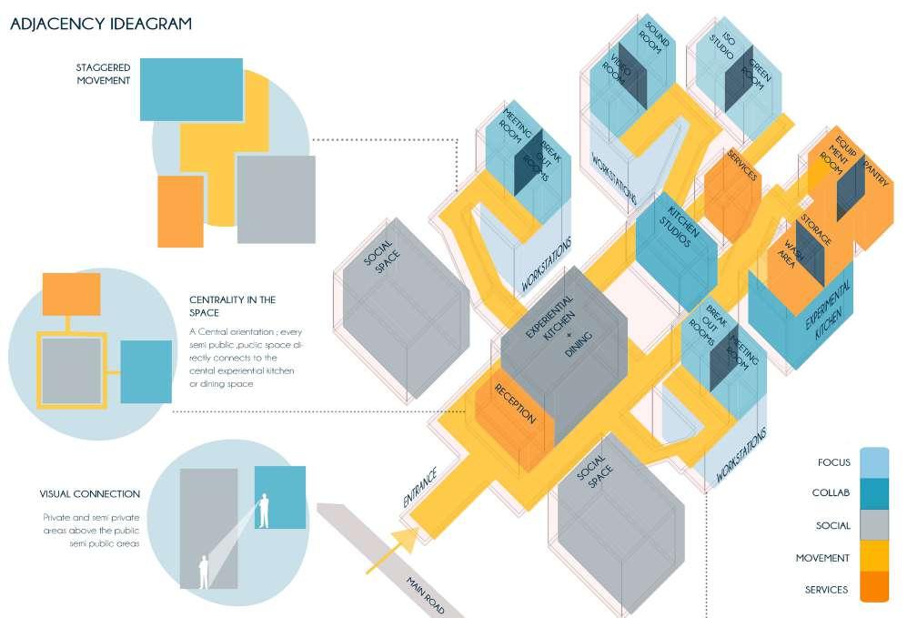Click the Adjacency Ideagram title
click(x=101, y=24)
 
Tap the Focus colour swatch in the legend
click(x=873, y=462)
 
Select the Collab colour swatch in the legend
click(x=873, y=493)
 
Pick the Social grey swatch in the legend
click(x=873, y=525)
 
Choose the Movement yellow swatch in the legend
click(x=873, y=557)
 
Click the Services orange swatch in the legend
click(x=873, y=589)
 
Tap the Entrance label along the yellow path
click(x=420, y=487)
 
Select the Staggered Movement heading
click(x=104, y=74)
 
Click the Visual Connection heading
click(x=90, y=494)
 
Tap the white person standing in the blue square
click(x=264, y=511)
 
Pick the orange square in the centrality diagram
click(x=71, y=295)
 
